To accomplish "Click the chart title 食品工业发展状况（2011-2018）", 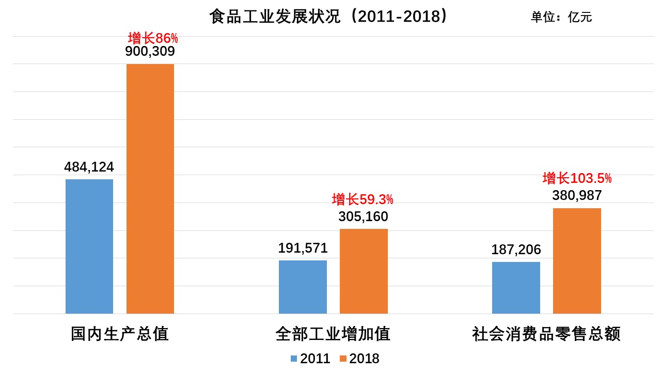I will point(328,17).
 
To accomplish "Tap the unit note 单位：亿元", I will point(561,17).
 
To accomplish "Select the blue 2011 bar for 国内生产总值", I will point(89,246).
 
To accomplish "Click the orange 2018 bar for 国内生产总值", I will point(150,189).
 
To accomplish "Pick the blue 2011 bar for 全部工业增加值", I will point(303,287).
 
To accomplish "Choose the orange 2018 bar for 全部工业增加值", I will point(364,271).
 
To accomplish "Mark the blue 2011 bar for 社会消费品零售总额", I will point(516,287).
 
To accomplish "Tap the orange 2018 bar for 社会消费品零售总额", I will point(577,261).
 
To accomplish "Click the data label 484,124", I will point(89,167).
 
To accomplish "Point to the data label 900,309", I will point(150,52).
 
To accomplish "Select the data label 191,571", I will point(303,248).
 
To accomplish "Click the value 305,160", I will point(363,216).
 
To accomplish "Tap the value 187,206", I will point(516,250).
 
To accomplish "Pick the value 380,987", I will point(577,195).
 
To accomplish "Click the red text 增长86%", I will point(153,38).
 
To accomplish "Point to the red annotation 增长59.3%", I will point(363,199).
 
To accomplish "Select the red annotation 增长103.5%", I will point(577,179).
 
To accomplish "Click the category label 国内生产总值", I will point(120,334).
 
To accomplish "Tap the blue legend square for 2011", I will point(294,359).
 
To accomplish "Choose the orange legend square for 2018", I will point(343,359).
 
